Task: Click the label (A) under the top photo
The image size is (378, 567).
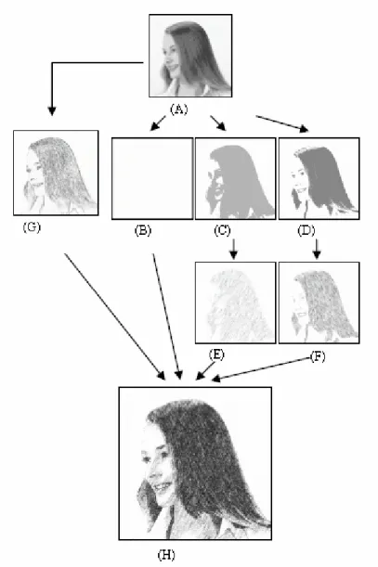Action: [x=179, y=109]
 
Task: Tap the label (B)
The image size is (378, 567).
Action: [x=143, y=230]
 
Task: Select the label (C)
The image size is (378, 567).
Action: [x=222, y=230]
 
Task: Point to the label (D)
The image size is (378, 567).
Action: [x=306, y=230]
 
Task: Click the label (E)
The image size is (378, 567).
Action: [x=216, y=354]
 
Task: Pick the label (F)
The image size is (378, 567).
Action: [x=318, y=357]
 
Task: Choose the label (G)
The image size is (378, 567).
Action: [x=32, y=227]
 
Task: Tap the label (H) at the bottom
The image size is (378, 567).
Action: [x=166, y=555]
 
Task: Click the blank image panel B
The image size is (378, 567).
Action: [x=152, y=178]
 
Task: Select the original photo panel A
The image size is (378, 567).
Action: [x=190, y=56]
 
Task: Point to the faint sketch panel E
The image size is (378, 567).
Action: [x=235, y=303]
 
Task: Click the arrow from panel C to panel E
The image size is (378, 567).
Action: [x=233, y=249]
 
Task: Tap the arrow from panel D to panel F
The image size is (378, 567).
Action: [x=317, y=249]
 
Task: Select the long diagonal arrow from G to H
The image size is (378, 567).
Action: [x=115, y=316]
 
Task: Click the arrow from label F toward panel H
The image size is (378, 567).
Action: [x=260, y=369]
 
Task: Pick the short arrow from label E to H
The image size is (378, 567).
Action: [x=205, y=371]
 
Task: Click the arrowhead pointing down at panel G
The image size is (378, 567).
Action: [x=52, y=111]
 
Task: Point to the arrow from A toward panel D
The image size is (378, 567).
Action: [x=282, y=123]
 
